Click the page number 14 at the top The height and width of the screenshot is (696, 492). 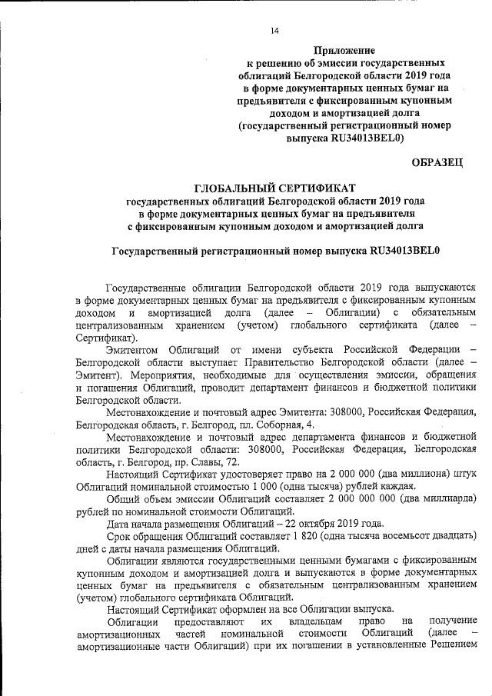[x=274, y=31]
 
